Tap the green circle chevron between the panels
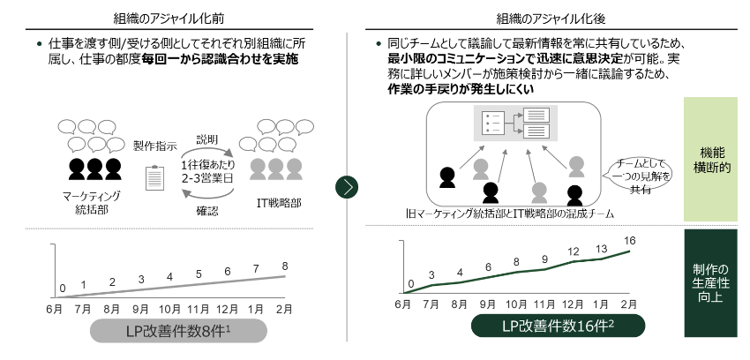tap(349, 187)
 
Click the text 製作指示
tap(155, 146)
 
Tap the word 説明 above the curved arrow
tap(206, 139)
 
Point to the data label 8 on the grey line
tap(284, 266)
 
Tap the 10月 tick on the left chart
tap(169, 310)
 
